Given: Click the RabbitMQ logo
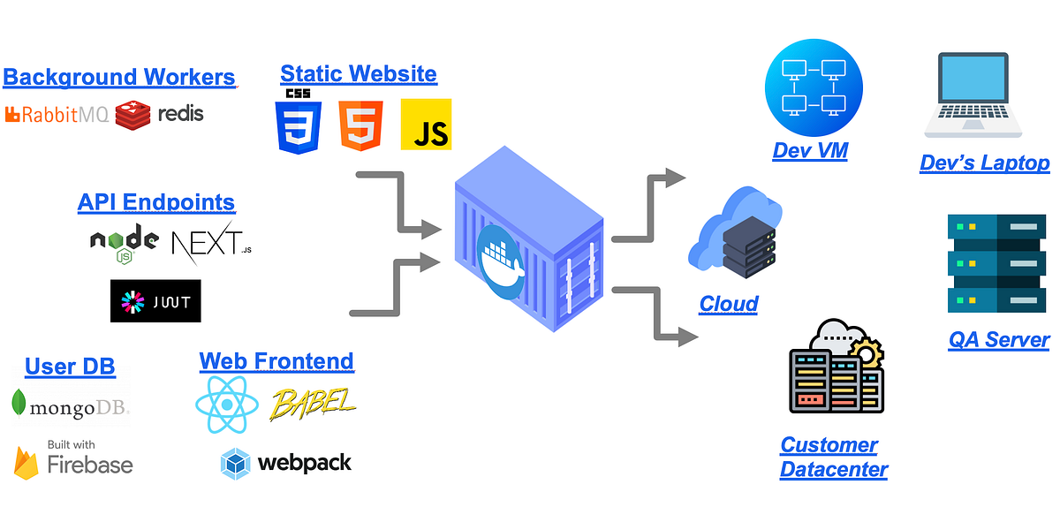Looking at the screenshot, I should click(x=57, y=114).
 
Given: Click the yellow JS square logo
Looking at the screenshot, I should click(x=426, y=124).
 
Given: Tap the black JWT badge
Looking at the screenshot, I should click(x=155, y=301).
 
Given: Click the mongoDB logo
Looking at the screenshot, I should click(x=71, y=405).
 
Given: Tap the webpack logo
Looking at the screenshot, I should click(x=285, y=463).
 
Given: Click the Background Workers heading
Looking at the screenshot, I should click(x=119, y=77).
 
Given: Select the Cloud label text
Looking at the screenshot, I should click(x=729, y=304).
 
